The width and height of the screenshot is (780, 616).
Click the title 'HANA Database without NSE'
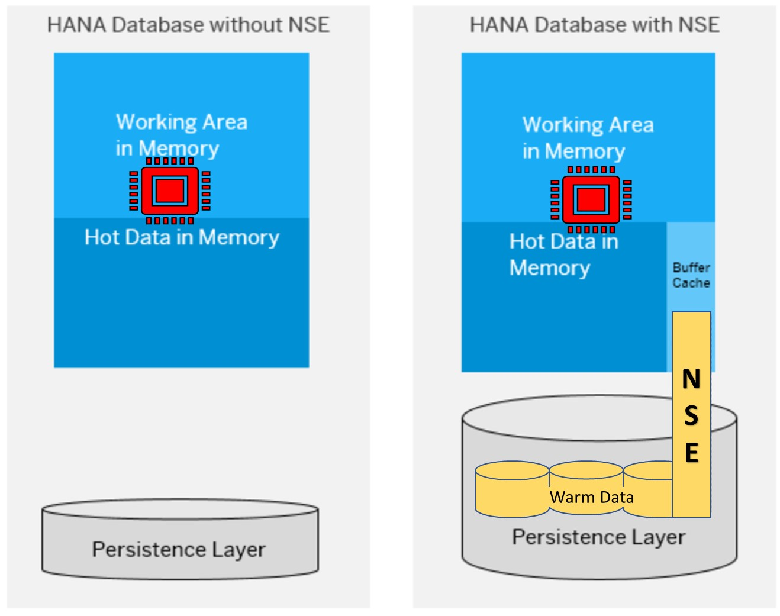(188, 25)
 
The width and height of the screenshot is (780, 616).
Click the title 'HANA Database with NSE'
(594, 25)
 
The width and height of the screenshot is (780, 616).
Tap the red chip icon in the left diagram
(170, 191)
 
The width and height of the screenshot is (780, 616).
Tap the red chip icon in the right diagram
(591, 199)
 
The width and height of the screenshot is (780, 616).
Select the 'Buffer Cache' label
(691, 275)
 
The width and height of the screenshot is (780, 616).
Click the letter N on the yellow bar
(691, 379)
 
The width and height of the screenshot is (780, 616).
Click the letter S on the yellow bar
(691, 415)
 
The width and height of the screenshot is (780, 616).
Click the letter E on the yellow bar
(691, 453)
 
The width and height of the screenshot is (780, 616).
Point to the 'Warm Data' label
(591, 497)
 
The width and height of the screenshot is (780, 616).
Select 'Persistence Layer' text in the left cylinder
(178, 549)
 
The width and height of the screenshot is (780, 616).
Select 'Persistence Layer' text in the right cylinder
(598, 537)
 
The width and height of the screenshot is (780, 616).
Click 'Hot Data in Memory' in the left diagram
(182, 237)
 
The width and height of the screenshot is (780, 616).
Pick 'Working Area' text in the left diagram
(182, 122)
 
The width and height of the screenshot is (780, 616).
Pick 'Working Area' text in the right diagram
(588, 125)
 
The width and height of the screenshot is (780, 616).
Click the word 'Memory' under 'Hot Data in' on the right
(549, 268)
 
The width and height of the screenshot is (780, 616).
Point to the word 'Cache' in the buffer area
(691, 283)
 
